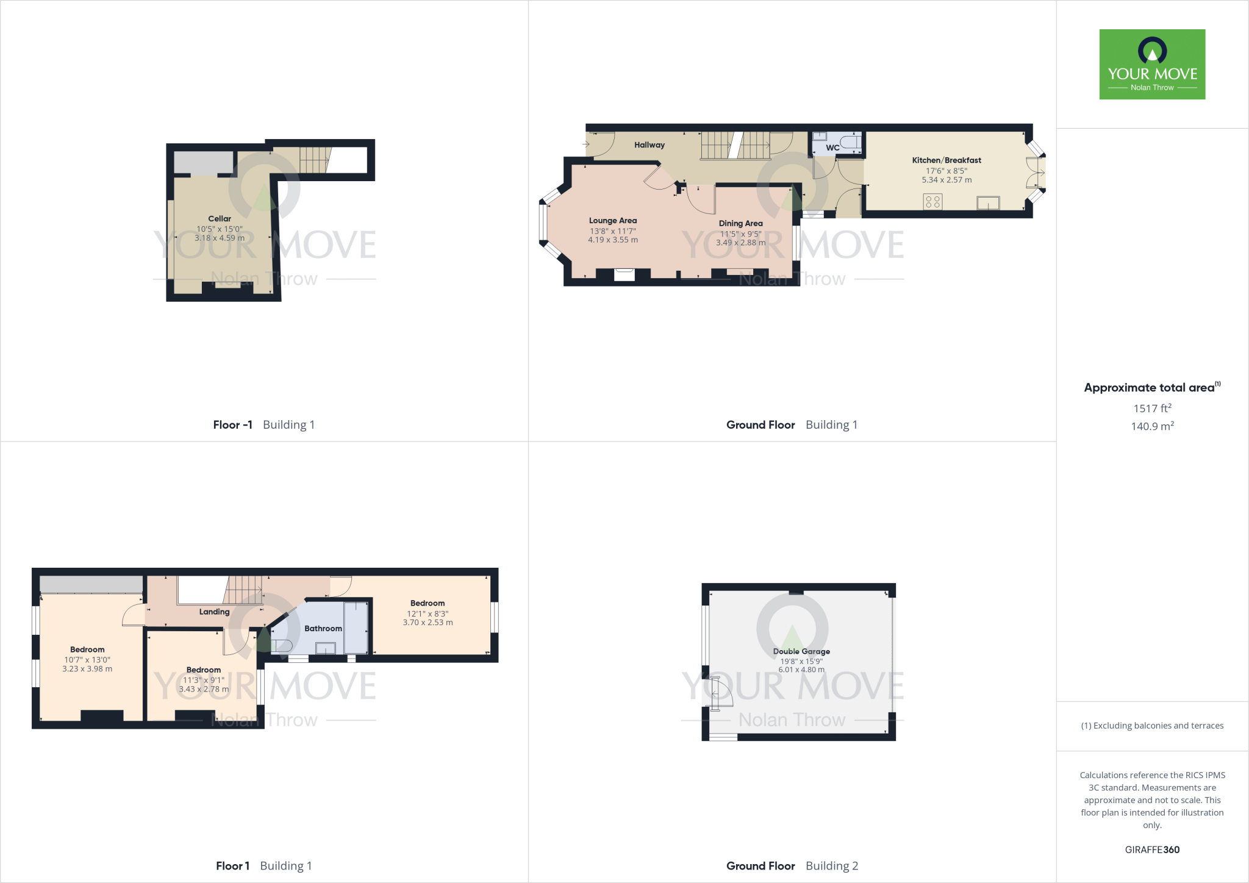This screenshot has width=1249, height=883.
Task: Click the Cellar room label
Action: coord(220,218)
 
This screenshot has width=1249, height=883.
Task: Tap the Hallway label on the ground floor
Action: coord(649,145)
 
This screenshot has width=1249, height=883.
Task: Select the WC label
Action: coord(832,148)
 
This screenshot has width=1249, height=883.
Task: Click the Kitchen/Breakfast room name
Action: coord(947,160)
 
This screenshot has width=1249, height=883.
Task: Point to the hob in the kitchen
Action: coord(932,201)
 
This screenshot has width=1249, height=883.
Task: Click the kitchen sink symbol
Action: coord(988,202)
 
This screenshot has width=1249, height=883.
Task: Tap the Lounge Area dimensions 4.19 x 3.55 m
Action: coord(613,240)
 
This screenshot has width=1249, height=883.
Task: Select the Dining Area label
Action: coord(740,223)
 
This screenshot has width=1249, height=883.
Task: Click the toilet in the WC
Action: coord(851,143)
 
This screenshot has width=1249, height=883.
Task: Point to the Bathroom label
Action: coord(323,628)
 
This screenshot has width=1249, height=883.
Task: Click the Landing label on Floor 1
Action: coord(214,612)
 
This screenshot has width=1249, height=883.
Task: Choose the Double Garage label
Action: coord(801,651)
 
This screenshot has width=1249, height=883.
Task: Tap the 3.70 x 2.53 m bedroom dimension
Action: coord(428,623)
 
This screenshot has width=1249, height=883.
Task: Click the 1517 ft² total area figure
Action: coord(1152,409)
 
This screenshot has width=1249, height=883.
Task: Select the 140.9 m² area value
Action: coord(1152,426)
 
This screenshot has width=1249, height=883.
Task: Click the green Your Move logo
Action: coord(1152,64)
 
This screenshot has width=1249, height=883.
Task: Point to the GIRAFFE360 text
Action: coord(1152,849)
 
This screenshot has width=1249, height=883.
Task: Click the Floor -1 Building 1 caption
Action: coord(263,424)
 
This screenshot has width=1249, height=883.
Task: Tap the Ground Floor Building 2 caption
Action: coord(792,866)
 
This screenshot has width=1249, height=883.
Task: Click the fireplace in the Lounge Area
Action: coord(624,274)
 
